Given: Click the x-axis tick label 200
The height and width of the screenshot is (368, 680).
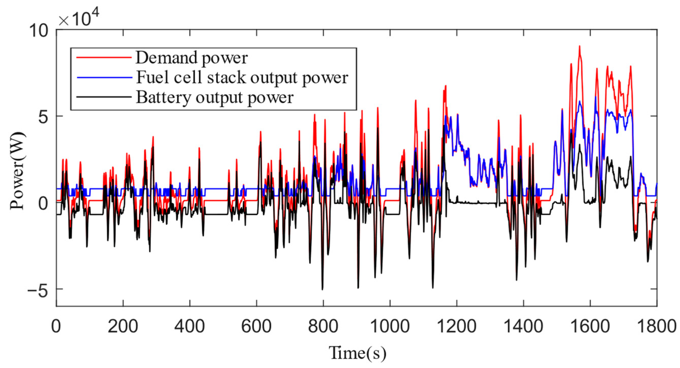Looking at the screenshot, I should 123,327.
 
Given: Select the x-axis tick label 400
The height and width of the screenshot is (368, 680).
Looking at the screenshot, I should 189,327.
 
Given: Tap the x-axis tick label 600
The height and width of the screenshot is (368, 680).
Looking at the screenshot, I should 256,327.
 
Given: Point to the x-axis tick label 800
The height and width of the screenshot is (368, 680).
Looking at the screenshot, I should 323,327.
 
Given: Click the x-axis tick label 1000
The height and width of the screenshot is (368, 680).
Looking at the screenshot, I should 390,327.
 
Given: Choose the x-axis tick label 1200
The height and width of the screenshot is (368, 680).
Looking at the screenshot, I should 457,327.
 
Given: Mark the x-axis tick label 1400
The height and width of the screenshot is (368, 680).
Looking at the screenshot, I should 524,327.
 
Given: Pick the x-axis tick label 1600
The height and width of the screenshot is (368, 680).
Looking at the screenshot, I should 590,327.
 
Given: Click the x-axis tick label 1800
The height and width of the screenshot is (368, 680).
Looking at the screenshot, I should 657,327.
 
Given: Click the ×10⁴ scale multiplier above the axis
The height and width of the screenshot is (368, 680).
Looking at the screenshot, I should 79,18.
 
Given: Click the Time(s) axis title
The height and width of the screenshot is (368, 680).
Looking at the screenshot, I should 357,353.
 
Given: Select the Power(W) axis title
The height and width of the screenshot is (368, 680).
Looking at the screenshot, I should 18,172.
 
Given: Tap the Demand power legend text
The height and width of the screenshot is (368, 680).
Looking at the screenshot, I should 192,58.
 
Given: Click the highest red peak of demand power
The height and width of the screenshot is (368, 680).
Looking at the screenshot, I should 579,46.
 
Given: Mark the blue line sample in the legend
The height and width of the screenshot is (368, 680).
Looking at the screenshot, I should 104,78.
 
